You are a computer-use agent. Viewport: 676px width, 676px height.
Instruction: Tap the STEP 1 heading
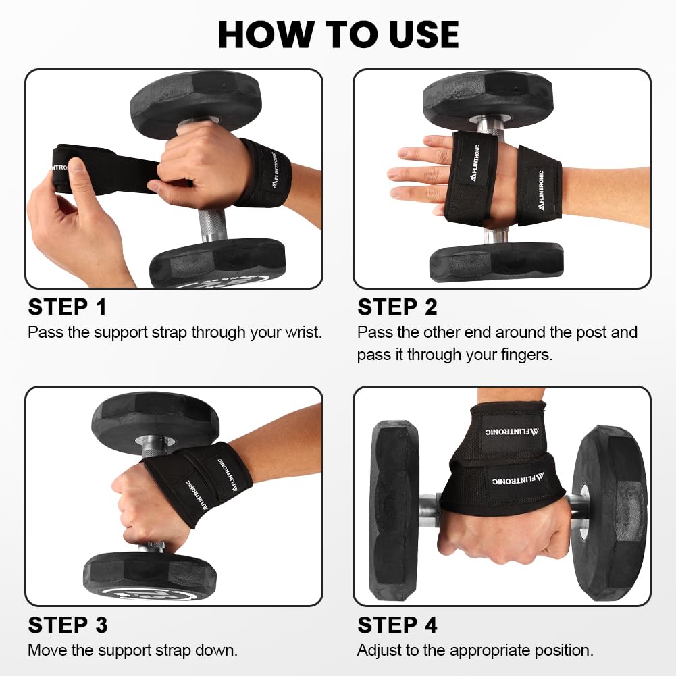(68, 307)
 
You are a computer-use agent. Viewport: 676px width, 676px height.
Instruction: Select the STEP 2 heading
(398, 307)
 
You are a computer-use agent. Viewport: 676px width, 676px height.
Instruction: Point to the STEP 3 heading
(68, 625)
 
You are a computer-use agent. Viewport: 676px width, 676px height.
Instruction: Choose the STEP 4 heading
(398, 625)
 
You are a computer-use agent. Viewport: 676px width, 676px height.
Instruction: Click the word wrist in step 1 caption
(303, 332)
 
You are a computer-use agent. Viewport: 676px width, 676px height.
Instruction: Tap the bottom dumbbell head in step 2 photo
(496, 261)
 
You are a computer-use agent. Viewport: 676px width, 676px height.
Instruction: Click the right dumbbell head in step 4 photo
(609, 513)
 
